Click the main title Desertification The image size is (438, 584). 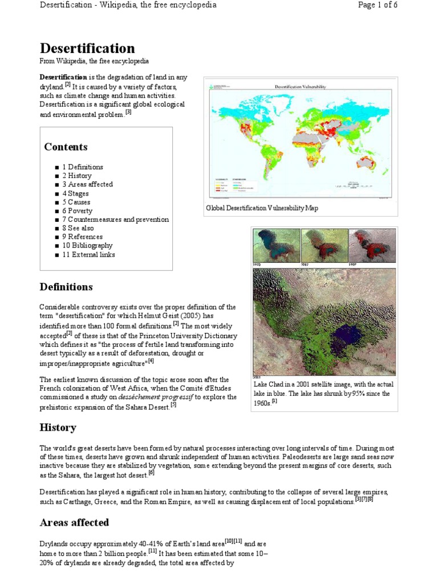tap(87, 48)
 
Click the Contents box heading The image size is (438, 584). tap(66, 147)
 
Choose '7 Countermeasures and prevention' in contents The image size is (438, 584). tap(115, 220)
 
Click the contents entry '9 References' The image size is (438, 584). tap(82, 237)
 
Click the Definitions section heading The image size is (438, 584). tap(66, 287)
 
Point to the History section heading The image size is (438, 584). tap(58, 427)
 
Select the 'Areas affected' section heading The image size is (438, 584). tap(74, 522)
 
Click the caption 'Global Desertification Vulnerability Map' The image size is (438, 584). tap(262, 208)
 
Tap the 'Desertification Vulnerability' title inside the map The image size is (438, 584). tap(300, 86)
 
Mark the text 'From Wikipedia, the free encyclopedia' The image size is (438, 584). tap(94, 61)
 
